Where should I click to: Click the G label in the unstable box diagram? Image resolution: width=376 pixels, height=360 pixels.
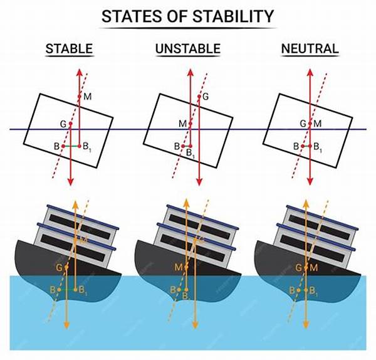click(x=206, y=96)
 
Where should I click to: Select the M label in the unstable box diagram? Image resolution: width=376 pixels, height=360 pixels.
click(x=182, y=124)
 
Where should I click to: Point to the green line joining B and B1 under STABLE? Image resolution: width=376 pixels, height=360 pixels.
click(x=72, y=147)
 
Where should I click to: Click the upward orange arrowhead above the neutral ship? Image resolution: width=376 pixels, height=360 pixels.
click(x=305, y=203)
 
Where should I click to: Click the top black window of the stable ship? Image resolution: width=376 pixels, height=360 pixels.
click(x=76, y=221)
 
